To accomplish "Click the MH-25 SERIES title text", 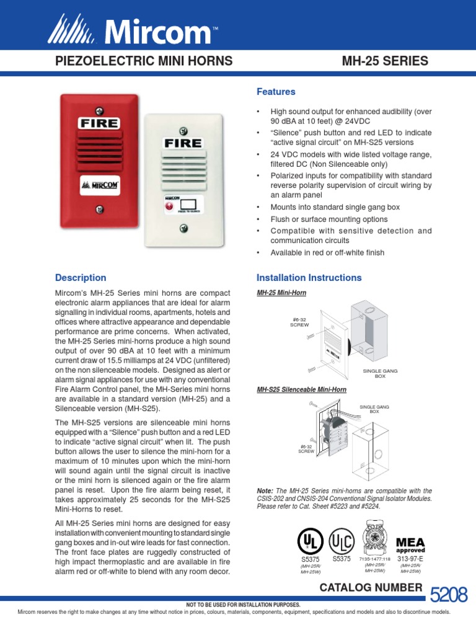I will [385, 61].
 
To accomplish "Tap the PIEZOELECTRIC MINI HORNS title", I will [144, 61].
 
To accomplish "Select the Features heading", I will [276, 92].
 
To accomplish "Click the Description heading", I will [81, 278].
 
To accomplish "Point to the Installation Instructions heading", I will [309, 278].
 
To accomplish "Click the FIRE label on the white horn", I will [183, 143].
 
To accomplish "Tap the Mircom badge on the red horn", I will [100, 185].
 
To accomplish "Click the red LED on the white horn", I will [169, 204].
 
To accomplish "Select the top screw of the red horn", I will [98, 102].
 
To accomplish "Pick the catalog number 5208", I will [447, 596].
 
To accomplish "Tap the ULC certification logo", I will [342, 541].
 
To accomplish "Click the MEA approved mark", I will [410, 545].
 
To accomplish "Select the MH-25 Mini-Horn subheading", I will [281, 292].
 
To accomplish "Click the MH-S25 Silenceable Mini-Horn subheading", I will [301, 389].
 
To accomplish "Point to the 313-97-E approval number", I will [410, 559].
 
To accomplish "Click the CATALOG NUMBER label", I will [370, 587].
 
